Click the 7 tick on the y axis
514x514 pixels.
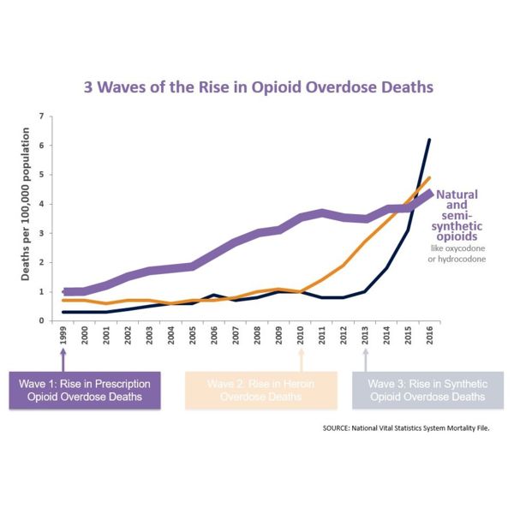41,116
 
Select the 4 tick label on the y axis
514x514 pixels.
41,204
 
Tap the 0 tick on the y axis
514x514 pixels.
41,320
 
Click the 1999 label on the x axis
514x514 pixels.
64,335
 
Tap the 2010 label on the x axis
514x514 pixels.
301,335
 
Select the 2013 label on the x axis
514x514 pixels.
365,335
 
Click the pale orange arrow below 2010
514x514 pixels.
301,358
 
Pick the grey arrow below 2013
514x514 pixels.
365,358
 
